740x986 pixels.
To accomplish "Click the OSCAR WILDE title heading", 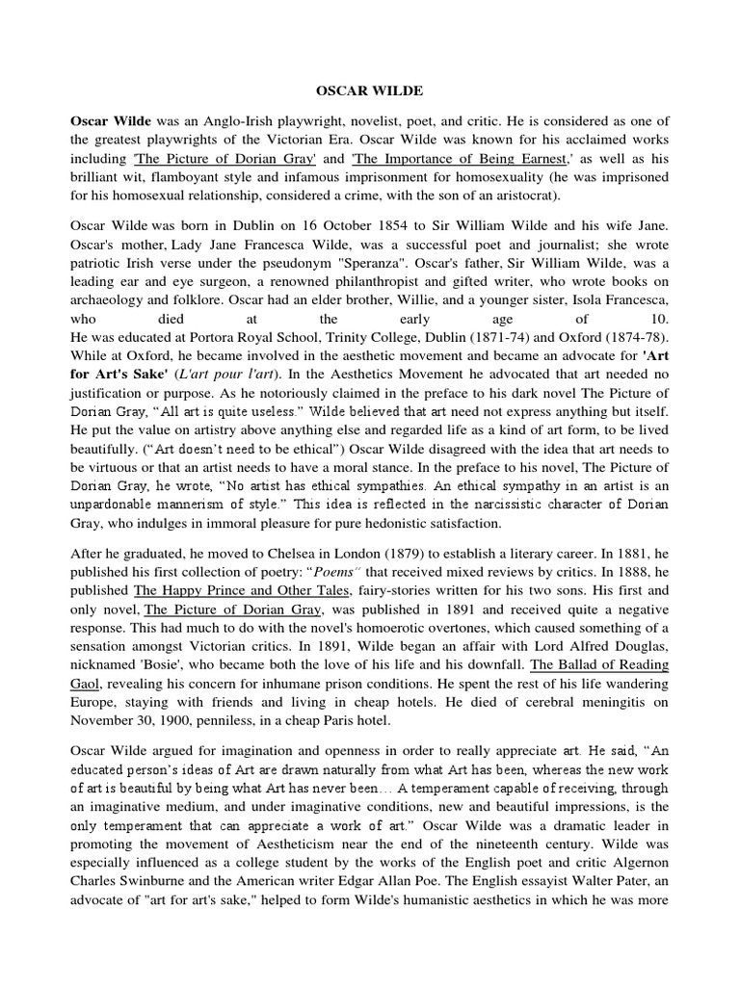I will tap(370, 90).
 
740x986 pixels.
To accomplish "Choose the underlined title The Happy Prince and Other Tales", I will tap(239, 596).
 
